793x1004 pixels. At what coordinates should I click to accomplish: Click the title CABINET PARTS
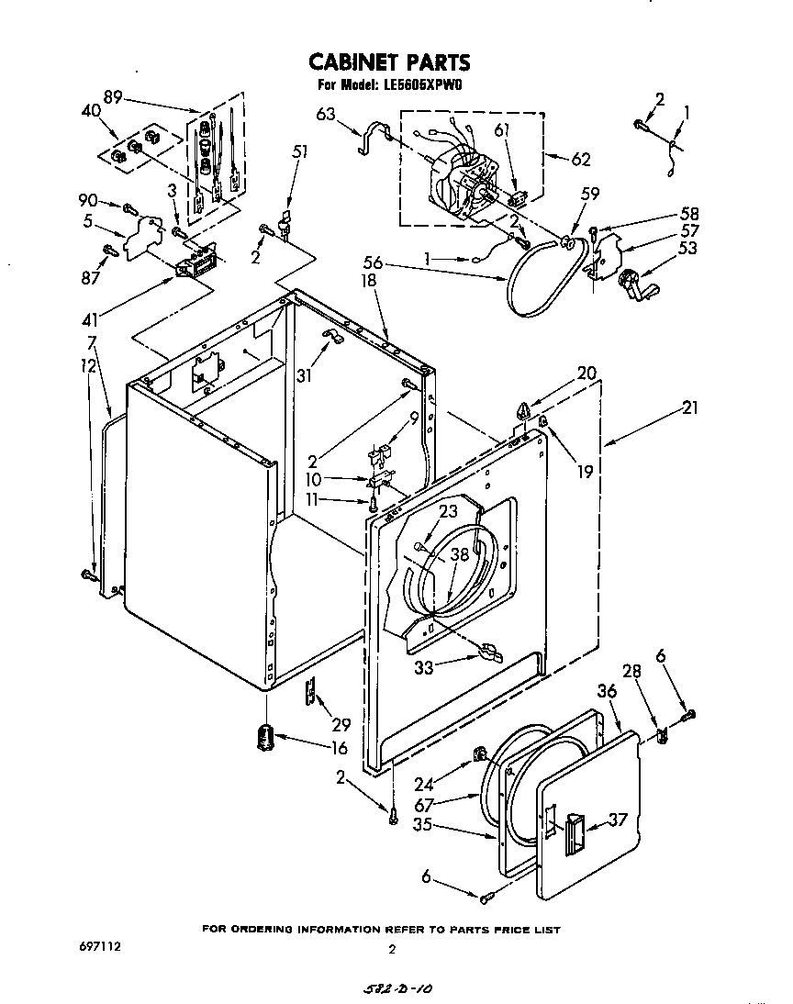388,62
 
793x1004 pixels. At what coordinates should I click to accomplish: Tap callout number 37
618,820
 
